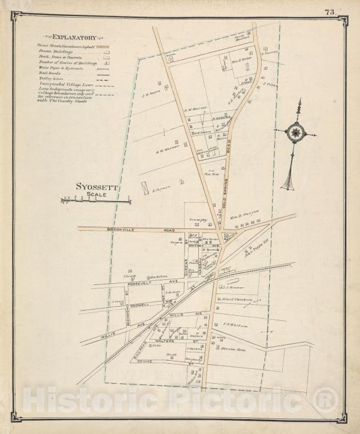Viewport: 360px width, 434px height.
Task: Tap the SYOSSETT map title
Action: point(97,187)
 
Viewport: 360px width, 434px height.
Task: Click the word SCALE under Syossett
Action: point(97,195)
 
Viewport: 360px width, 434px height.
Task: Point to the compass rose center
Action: point(295,132)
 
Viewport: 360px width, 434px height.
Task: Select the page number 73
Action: point(330,12)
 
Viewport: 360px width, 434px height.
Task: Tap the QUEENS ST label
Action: point(186,266)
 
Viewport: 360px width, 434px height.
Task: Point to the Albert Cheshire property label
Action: point(237,300)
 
